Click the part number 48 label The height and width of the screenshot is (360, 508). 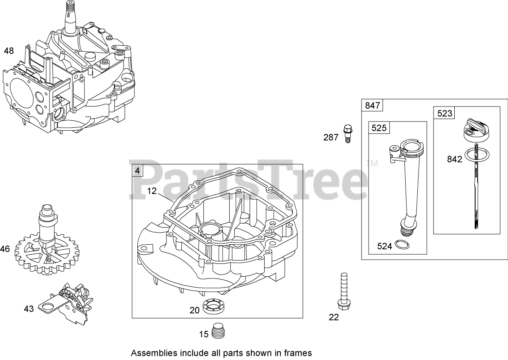pos(9,51)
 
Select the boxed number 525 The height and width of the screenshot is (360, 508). pos(379,128)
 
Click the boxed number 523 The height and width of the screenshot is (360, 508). pos(445,113)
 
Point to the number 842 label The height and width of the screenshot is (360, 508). pos(454,159)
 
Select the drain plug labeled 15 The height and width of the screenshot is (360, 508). pos(218,332)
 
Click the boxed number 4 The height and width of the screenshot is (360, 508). pos(137,170)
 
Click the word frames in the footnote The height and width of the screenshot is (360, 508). pos(297,353)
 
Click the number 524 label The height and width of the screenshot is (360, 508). pos(384,246)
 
